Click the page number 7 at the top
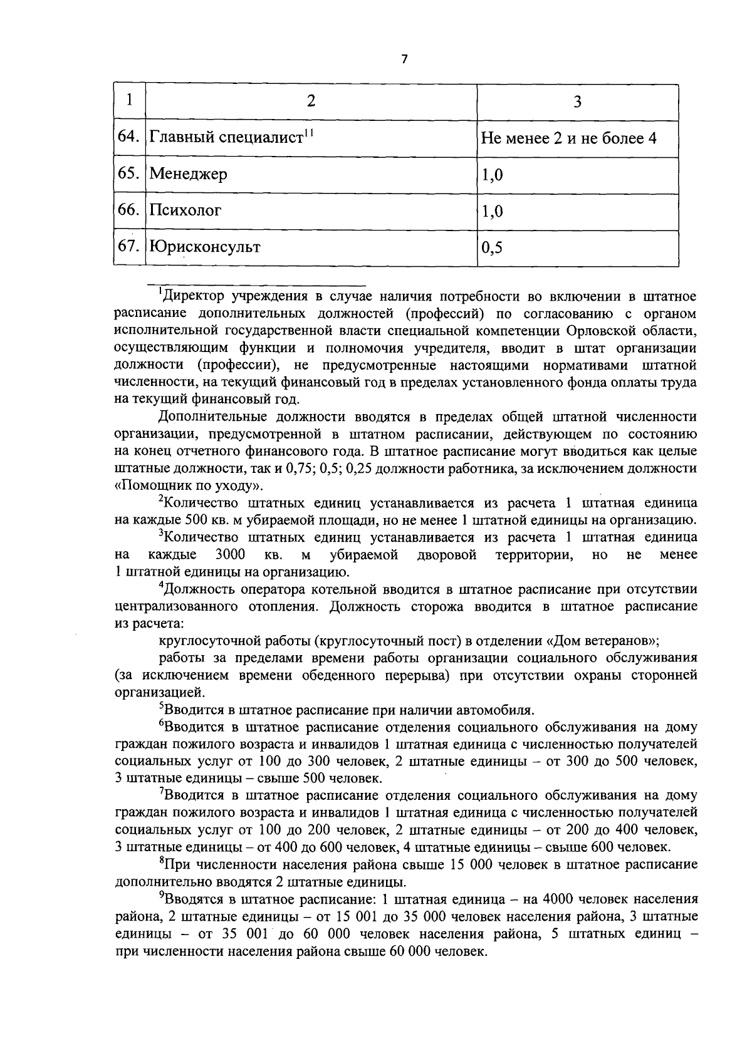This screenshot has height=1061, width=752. point(404,59)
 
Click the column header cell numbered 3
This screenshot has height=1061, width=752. point(577,102)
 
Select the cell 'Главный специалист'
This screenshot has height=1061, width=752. point(231,137)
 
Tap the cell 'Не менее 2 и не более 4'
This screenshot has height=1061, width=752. point(568,138)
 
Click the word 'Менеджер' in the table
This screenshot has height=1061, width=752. point(188,174)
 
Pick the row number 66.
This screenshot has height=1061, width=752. point(128,210)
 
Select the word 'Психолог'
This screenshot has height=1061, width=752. point(185,210)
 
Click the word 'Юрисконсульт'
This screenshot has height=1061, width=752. point(204,247)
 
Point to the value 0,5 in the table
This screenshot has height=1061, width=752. point(492,248)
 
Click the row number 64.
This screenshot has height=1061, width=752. point(128,137)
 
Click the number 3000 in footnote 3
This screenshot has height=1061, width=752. point(229,554)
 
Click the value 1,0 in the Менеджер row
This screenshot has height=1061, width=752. point(492,175)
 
